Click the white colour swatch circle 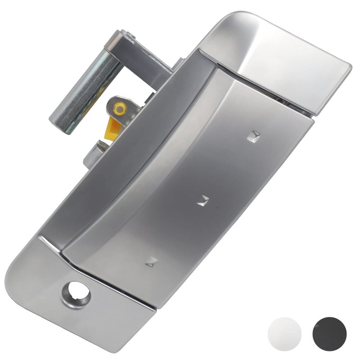tap(284, 333)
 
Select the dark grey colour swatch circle tap(329, 333)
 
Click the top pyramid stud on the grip tap(254, 135)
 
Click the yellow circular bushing tap(120, 108)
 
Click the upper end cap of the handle tap(279, 58)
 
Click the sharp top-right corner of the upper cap tap(351, 65)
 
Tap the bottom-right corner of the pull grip tap(155, 307)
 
